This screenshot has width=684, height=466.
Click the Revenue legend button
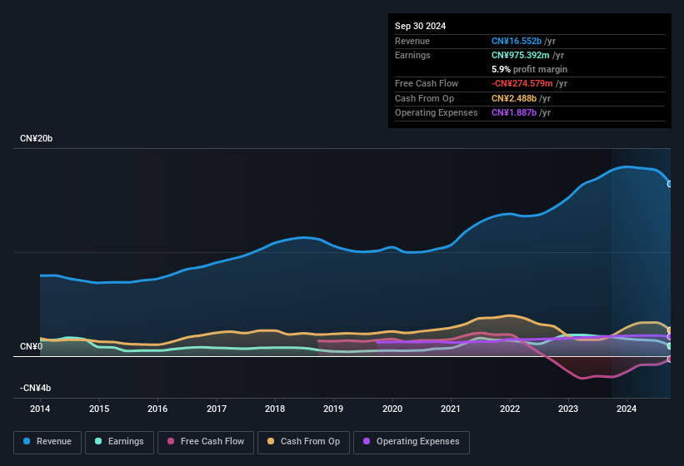click(47, 441)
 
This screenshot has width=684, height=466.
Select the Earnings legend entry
click(120, 441)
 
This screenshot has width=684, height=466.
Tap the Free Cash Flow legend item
click(207, 441)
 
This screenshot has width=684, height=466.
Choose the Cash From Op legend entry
click(302, 441)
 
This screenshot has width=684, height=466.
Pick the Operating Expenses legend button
click(412, 441)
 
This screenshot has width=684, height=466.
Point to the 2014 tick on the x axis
click(40, 409)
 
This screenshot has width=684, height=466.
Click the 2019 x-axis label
click(333, 409)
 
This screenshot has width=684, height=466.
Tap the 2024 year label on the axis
click(627, 409)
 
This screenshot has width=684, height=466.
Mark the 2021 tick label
click(451, 409)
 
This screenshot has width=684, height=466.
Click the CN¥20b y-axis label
click(37, 138)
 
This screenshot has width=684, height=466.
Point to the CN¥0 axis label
click(31, 346)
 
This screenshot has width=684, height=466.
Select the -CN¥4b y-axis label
click(36, 388)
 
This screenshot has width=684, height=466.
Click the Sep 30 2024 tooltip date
click(421, 26)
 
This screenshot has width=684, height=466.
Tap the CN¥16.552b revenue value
click(517, 41)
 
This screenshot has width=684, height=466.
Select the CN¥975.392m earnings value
click(522, 55)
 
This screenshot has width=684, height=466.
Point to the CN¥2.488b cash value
click(513, 98)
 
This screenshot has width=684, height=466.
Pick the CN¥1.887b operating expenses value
click(513, 112)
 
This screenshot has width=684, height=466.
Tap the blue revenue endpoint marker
click(670, 184)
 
